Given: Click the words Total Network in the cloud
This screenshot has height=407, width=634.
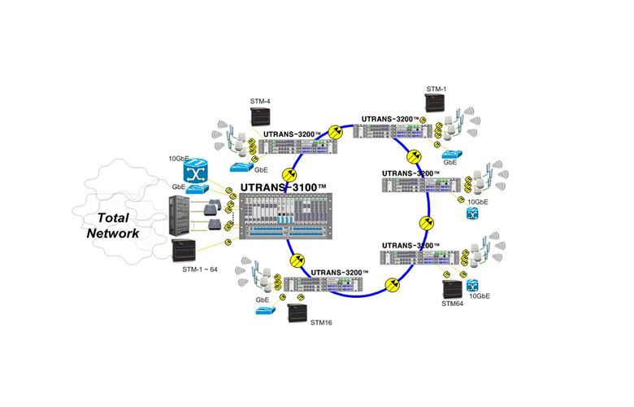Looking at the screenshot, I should [113, 225].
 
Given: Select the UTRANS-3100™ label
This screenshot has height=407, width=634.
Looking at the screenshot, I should [284, 189].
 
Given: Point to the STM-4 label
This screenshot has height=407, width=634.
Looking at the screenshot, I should [260, 102].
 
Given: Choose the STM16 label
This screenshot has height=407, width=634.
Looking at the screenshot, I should [321, 322].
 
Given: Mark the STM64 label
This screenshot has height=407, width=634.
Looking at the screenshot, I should [452, 304].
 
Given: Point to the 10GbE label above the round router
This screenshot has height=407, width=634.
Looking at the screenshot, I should [180, 158].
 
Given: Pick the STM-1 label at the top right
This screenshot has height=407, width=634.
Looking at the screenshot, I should [436, 87].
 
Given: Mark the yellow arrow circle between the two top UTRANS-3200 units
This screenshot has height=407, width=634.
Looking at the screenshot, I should [334, 132].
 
